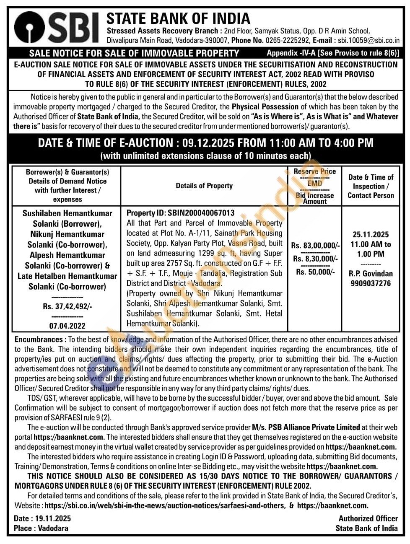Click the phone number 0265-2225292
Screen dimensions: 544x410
[288, 41]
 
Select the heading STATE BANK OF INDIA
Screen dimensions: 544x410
[178, 18]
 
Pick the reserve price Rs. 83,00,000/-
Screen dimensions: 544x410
[315, 246]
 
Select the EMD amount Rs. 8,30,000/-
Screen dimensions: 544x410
[315, 259]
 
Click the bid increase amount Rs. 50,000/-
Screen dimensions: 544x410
[315, 272]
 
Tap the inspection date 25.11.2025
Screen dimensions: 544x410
[371, 235]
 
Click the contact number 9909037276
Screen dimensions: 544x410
[371, 283]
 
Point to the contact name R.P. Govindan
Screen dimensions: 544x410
[371, 274]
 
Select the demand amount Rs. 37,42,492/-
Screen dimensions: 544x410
[67, 306]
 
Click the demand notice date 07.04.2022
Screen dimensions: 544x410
[67, 326]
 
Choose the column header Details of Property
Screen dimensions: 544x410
[204, 186]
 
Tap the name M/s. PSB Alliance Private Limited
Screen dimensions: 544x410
[306, 427]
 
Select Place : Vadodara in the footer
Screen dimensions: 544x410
[41, 528]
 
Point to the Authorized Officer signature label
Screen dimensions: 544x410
[368, 518]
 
